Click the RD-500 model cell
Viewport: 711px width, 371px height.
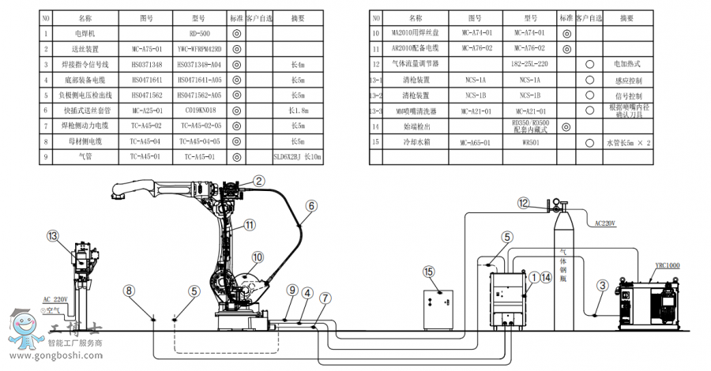[199, 34]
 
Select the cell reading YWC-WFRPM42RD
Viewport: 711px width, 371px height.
[199, 49]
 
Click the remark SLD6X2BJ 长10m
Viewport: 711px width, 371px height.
[298, 156]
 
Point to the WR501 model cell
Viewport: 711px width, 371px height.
[529, 143]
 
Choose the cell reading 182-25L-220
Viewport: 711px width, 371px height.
[529, 63]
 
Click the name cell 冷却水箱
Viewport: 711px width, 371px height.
[413, 143]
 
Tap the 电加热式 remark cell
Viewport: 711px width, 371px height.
[626, 63]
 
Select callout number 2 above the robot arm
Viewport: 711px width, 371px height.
[258, 182]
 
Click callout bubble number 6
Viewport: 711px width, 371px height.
[311, 205]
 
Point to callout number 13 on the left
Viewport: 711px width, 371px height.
[53, 236]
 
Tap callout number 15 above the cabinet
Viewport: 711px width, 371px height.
[429, 272]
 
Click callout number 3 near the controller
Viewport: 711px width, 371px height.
[602, 285]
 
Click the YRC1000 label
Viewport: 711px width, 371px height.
[667, 266]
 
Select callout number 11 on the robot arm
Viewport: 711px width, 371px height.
[250, 224]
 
